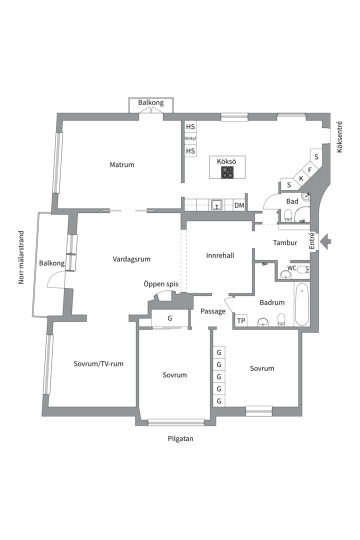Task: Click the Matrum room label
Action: [122, 164]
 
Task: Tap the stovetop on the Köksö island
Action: [227, 172]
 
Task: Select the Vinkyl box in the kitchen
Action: [190, 138]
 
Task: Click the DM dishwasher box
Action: [239, 205]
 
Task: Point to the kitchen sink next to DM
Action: [216, 205]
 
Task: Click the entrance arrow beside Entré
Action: [325, 241]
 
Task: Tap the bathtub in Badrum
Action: [302, 304]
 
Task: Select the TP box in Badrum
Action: [241, 320]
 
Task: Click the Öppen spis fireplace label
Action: [161, 284]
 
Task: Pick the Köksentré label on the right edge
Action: [339, 137]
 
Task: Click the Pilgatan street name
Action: [180, 439]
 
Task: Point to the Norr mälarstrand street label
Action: [21, 257]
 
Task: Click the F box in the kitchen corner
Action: [309, 170]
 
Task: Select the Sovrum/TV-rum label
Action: [98, 363]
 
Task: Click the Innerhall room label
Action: [220, 255]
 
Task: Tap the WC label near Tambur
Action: [292, 268]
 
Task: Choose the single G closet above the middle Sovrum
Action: [170, 318]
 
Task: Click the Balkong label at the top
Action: [151, 102]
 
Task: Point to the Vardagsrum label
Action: [131, 259]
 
